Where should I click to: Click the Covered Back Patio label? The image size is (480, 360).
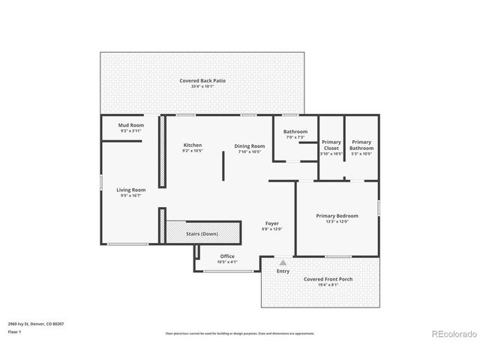pos(202,80)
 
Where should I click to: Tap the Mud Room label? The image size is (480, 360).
pos(131,125)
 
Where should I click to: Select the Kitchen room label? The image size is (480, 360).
pos(193,145)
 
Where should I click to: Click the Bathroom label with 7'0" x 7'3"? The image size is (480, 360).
pos(295,132)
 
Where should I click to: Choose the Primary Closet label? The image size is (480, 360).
pos(331,145)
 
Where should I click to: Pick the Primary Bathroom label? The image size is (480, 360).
pos(361,145)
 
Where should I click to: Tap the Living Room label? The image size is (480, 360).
pos(131,190)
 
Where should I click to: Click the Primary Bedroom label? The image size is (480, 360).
pos(337,216)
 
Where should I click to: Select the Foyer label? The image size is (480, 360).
pos(271,223)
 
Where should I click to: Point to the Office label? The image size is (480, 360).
pos(227,256)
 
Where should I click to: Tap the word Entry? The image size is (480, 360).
pos(283,271)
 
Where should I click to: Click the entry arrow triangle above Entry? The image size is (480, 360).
pos(283,263)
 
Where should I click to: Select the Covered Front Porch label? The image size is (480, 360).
pos(328,279)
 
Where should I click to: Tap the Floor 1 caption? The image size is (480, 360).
pos(14,331)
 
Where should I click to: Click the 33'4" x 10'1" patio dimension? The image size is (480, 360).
pos(202,86)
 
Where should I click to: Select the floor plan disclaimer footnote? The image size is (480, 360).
pos(240,333)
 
